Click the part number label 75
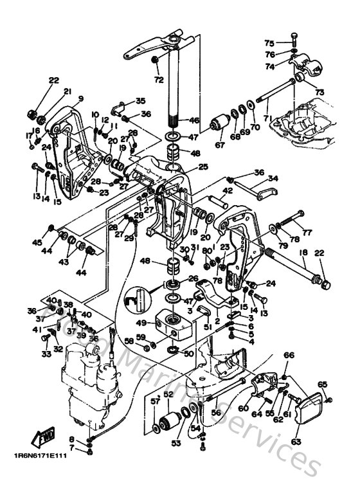[269, 42]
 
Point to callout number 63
[296, 442]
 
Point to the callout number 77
[307, 233]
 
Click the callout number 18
[303, 254]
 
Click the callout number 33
[46, 353]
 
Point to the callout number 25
[203, 167]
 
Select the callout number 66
[289, 355]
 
